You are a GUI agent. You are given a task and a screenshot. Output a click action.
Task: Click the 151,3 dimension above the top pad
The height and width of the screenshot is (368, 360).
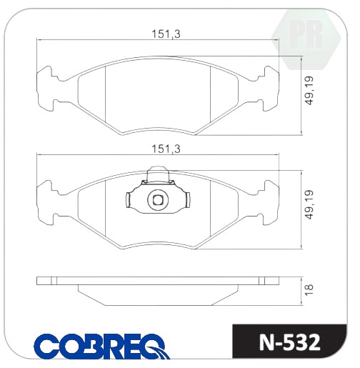tap(166, 34)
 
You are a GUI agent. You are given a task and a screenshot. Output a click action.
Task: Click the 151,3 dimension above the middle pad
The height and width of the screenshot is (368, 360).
tap(166, 149)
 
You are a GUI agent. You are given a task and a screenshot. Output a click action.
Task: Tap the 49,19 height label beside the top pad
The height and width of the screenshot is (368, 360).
tap(310, 91)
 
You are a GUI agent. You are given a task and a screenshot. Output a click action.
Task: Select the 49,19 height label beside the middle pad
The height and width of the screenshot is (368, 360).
tap(310, 204)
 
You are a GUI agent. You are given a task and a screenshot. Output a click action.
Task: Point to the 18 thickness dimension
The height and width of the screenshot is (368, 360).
tap(309, 290)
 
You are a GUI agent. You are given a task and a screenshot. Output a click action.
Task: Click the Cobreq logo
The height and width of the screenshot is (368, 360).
tap(101, 346)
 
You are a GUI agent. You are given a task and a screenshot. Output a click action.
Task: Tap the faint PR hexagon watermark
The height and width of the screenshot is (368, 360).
tap(306, 39)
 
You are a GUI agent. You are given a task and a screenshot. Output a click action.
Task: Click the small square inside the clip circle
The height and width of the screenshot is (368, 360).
tap(158, 200)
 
